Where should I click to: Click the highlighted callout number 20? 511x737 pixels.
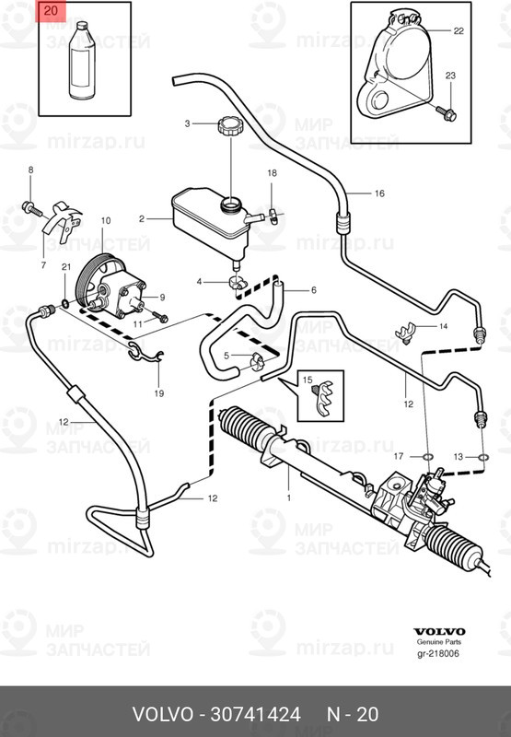pos(50,12)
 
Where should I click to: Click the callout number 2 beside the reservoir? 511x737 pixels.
pos(142,219)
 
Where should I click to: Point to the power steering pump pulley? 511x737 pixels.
pos(92,282)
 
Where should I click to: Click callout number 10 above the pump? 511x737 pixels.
pos(104,221)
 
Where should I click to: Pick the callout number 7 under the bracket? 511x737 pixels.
pos(42,264)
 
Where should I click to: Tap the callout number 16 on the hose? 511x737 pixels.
pos(377,193)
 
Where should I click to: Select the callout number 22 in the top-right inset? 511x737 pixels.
pos(459,31)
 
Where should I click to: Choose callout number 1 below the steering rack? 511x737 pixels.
pos(289,498)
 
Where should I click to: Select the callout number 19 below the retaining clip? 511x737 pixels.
pos(158,394)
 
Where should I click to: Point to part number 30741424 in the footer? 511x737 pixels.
pos(262,714)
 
